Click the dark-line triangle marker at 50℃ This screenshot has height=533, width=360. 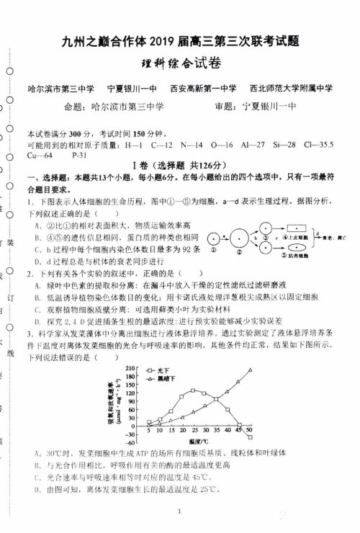[x=250, y=371]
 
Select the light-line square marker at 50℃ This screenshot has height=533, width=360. [x=250, y=436]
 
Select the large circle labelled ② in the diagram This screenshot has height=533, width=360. [x=240, y=238]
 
